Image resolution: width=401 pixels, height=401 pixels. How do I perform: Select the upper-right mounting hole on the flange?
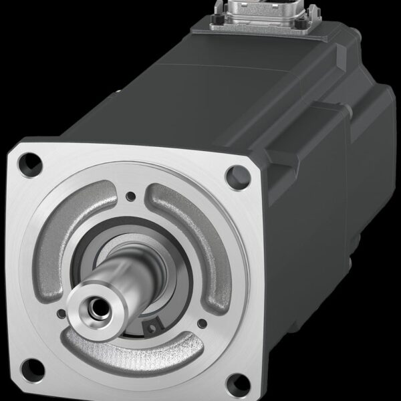(234, 176)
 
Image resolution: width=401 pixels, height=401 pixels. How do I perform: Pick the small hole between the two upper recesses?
(131, 196)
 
